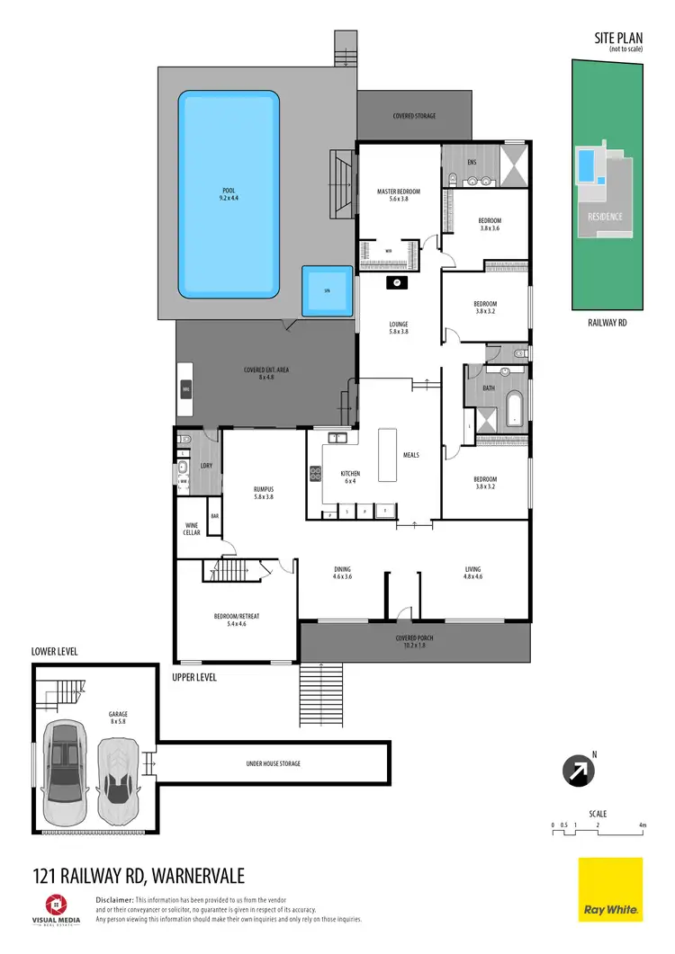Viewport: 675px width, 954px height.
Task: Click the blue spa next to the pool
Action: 326,290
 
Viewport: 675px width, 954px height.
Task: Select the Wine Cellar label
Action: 192,529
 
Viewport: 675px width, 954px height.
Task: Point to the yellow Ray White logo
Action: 609,889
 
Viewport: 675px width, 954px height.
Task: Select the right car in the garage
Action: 117,771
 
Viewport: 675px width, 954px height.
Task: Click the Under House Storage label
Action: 273,763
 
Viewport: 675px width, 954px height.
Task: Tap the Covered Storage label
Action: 414,116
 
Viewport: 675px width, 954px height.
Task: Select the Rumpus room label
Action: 263,493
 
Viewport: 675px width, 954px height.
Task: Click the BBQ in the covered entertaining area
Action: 186,389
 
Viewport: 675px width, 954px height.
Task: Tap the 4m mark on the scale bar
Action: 643,824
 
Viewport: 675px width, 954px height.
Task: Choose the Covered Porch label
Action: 416,641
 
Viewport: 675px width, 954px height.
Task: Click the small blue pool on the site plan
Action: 586,165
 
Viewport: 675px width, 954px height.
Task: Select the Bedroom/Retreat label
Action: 236,619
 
